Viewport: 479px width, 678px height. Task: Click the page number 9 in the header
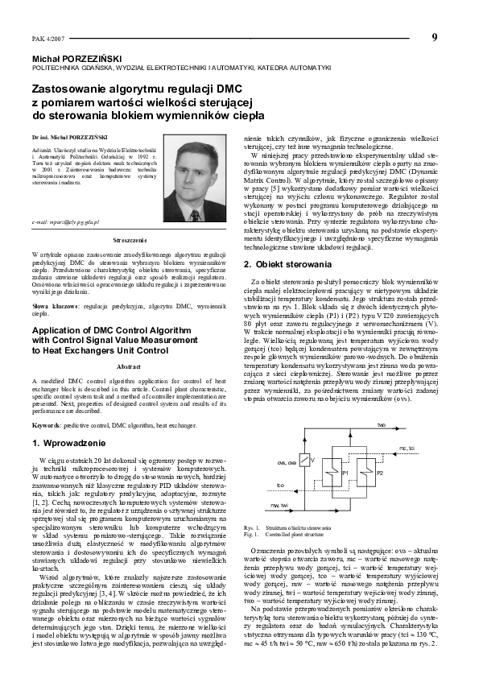[434, 37]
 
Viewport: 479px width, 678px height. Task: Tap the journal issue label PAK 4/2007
[46, 39]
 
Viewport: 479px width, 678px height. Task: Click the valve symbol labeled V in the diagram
[315, 460]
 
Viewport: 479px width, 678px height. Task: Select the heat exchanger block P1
[345, 475]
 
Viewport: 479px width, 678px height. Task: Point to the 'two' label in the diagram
[382, 424]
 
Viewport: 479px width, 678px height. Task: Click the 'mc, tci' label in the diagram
[407, 448]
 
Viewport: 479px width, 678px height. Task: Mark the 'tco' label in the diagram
[280, 486]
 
